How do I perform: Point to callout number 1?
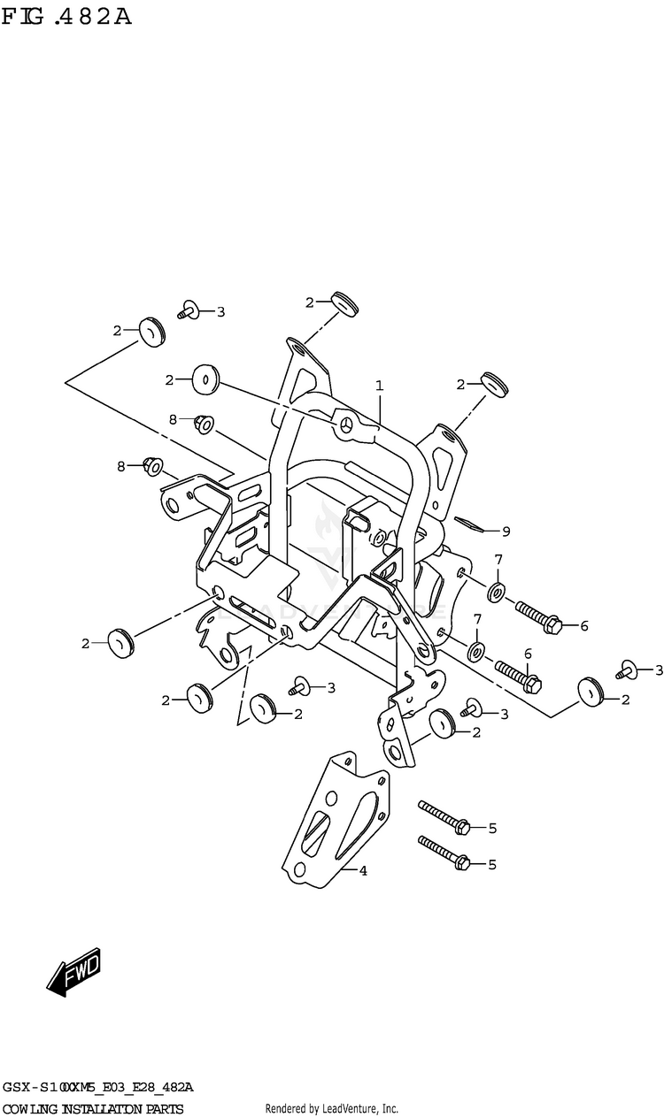379,386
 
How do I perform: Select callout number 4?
363,870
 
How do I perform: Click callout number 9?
506,532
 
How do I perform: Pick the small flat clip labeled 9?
471,524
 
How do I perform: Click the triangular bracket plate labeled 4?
336,818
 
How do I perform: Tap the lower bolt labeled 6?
517,675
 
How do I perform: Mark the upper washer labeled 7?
496,590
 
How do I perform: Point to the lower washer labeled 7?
475,653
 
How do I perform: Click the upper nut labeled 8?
203,425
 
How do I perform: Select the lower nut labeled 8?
152,464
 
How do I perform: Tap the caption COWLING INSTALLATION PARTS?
93,1109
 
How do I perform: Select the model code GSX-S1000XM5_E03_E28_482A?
98,1086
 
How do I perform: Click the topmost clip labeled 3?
188,310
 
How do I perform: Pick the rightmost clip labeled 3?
629,671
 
